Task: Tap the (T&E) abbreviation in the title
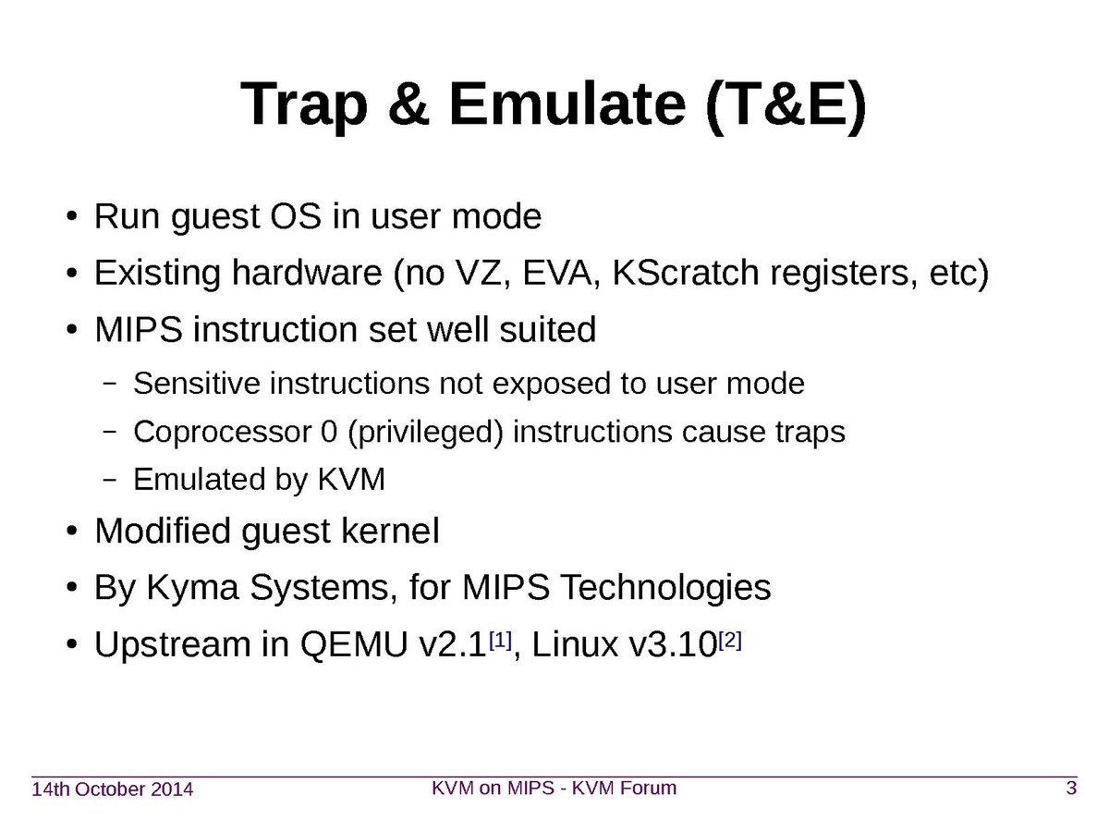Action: tap(786, 106)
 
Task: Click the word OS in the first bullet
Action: tap(296, 216)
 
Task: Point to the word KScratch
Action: tap(686, 273)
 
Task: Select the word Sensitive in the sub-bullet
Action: tap(197, 383)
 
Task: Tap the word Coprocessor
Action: tap(223, 433)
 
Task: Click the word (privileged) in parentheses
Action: tap(425, 433)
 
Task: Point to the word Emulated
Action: tap(200, 479)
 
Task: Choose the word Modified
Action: tap(163, 531)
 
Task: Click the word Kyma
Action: tap(192, 588)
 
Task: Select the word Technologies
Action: tap(666, 588)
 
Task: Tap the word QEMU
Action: tap(354, 645)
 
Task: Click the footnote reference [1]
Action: tap(500, 641)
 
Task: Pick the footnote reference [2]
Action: tap(729, 641)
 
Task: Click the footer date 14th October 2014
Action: tap(113, 789)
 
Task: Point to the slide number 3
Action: tap(1071, 788)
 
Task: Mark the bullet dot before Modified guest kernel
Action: tap(72, 532)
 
